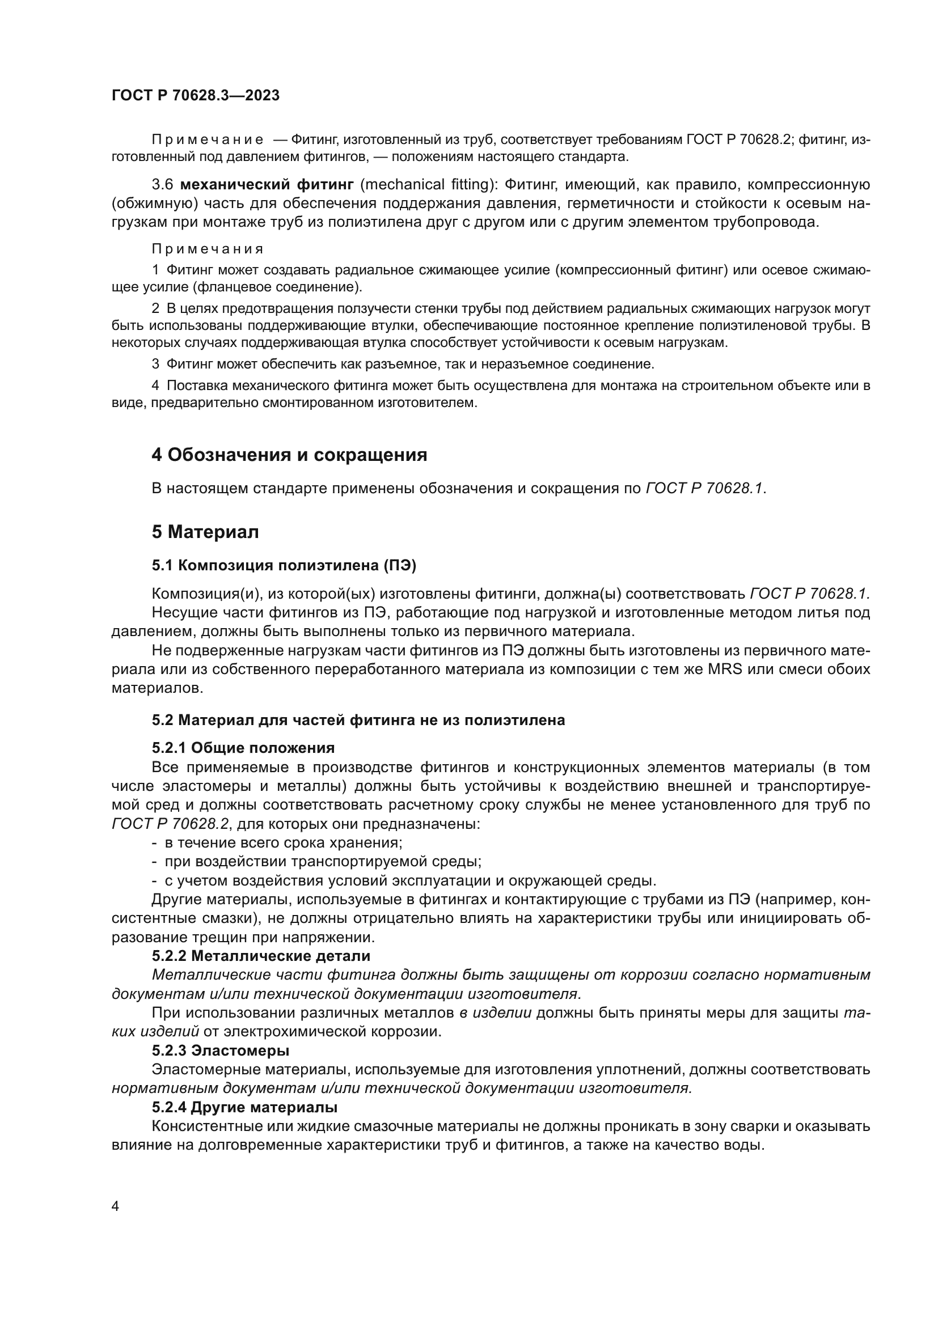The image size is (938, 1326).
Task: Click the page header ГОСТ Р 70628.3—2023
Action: point(195,95)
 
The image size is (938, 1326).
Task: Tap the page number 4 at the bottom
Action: point(115,1206)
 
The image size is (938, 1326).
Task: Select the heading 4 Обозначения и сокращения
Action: point(289,455)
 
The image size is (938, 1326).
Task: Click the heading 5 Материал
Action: point(205,532)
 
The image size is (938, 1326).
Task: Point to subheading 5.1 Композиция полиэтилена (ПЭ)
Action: point(284,565)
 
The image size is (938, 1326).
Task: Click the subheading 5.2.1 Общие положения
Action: point(243,748)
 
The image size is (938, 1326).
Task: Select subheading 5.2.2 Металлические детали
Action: point(261,956)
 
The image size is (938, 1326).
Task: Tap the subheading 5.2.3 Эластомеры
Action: point(221,1050)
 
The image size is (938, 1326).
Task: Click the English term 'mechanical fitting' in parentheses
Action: point(429,185)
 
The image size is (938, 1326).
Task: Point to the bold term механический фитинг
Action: point(267,185)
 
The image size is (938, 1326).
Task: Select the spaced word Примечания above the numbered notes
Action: point(208,249)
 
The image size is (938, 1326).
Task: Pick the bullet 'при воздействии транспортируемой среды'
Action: point(322,862)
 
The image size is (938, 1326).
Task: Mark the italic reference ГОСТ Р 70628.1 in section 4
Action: point(705,489)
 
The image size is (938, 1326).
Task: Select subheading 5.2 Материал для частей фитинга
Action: point(358,720)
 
